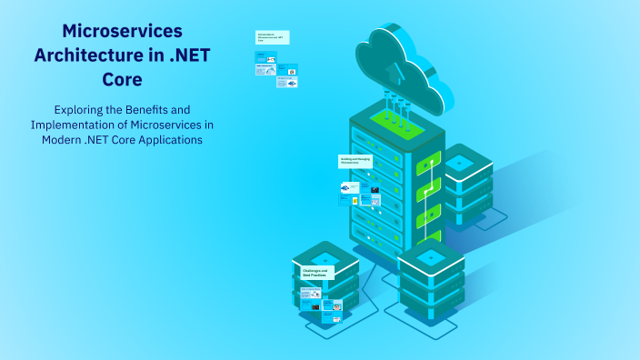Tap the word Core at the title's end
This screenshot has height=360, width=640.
[x=123, y=78]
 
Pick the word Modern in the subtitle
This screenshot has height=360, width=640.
[x=62, y=140]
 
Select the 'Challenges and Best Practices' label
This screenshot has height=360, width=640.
[x=313, y=273]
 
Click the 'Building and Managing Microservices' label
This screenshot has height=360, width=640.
[x=356, y=161]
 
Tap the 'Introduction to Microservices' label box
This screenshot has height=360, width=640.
[x=271, y=36]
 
